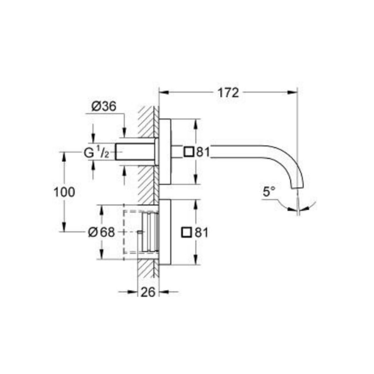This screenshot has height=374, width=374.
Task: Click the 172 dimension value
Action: click(x=228, y=93)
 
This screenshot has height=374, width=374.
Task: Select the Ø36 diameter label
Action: click(x=103, y=107)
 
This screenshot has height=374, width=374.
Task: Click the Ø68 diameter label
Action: click(x=101, y=232)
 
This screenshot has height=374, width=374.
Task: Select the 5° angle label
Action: click(x=269, y=192)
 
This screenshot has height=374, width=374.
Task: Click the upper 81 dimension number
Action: click(x=202, y=152)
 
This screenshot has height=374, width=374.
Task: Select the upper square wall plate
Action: click(x=165, y=151)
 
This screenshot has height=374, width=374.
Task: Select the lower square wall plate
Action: click(x=165, y=232)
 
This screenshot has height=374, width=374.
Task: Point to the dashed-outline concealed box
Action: click(x=131, y=232)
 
